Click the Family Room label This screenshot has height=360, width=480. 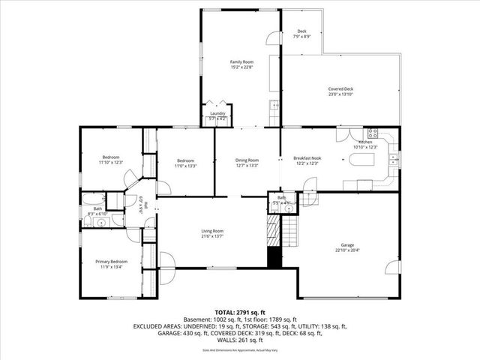(241, 64)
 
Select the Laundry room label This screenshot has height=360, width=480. (217, 115)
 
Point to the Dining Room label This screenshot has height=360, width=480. (247, 162)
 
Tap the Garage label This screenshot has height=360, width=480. (346, 247)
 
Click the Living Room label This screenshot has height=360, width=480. (212, 233)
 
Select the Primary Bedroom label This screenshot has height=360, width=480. (111, 263)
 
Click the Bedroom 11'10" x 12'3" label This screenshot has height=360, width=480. (110, 160)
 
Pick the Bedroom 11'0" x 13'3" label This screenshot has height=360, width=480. (186, 163)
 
